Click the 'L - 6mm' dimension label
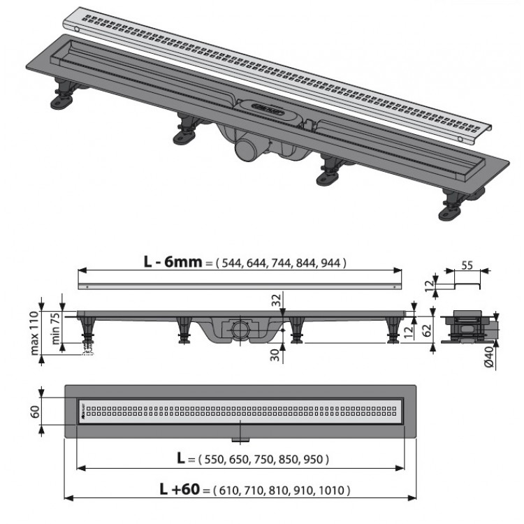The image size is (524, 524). coord(173,262)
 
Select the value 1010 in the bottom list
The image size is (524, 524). coord(330,490)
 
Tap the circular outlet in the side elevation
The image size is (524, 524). coord(239,329)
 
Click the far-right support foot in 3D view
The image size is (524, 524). coord(450,209)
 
